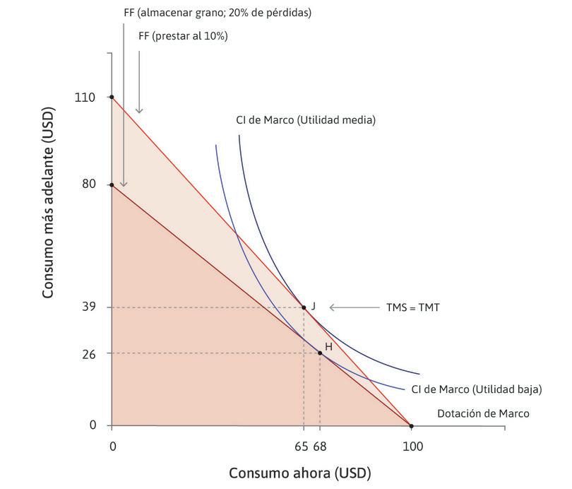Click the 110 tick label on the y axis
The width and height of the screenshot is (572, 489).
click(x=85, y=97)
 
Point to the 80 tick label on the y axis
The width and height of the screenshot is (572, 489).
click(x=88, y=185)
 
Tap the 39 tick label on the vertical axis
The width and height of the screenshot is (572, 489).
click(x=88, y=307)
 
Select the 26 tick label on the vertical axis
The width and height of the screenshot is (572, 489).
click(x=88, y=353)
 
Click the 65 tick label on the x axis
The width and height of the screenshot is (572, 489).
click(x=302, y=447)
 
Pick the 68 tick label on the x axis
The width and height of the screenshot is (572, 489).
click(x=320, y=447)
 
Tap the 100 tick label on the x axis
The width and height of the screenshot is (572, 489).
click(x=412, y=447)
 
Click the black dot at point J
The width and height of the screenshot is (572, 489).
click(x=304, y=307)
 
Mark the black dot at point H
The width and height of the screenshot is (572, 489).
click(x=320, y=353)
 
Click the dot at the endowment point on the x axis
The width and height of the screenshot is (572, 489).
click(x=411, y=425)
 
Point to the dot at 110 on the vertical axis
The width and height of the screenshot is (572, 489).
click(x=112, y=97)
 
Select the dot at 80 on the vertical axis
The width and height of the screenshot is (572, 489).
click(x=112, y=185)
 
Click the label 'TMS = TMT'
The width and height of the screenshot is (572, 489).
click(x=413, y=307)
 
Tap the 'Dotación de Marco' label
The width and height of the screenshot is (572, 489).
click(x=483, y=414)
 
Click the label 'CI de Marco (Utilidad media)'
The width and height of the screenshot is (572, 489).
click(x=305, y=120)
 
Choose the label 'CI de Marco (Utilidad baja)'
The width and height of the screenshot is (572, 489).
click(x=476, y=389)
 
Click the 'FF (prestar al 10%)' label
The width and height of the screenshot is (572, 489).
click(x=183, y=36)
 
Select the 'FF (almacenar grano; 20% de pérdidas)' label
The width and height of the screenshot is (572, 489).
click(x=217, y=13)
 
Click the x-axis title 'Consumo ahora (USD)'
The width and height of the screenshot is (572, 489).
click(x=299, y=472)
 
